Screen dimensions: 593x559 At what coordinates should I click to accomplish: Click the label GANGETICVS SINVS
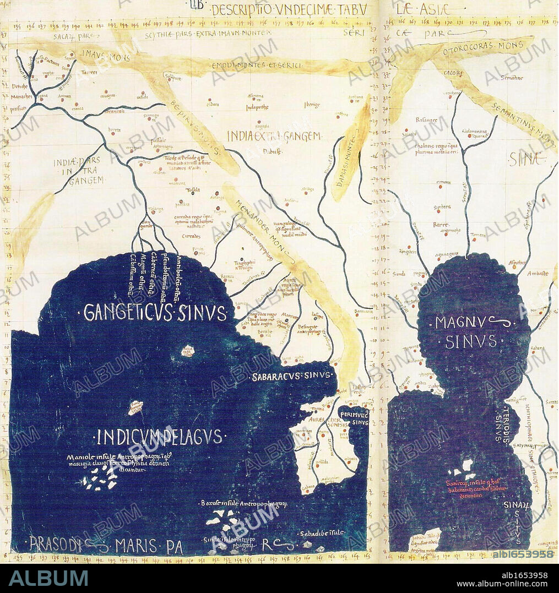[x=155, y=313]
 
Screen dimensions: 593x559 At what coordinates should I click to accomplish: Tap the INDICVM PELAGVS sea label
[x=159, y=437]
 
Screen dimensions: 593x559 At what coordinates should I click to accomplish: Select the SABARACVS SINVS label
[x=293, y=377]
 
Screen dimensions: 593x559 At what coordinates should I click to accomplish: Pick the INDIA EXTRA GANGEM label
[x=274, y=135]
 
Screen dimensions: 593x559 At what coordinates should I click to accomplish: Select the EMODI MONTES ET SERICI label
[x=257, y=66]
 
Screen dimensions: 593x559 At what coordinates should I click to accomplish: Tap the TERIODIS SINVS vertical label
[x=504, y=425]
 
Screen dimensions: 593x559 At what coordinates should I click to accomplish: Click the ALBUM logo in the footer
[x=48, y=578]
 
